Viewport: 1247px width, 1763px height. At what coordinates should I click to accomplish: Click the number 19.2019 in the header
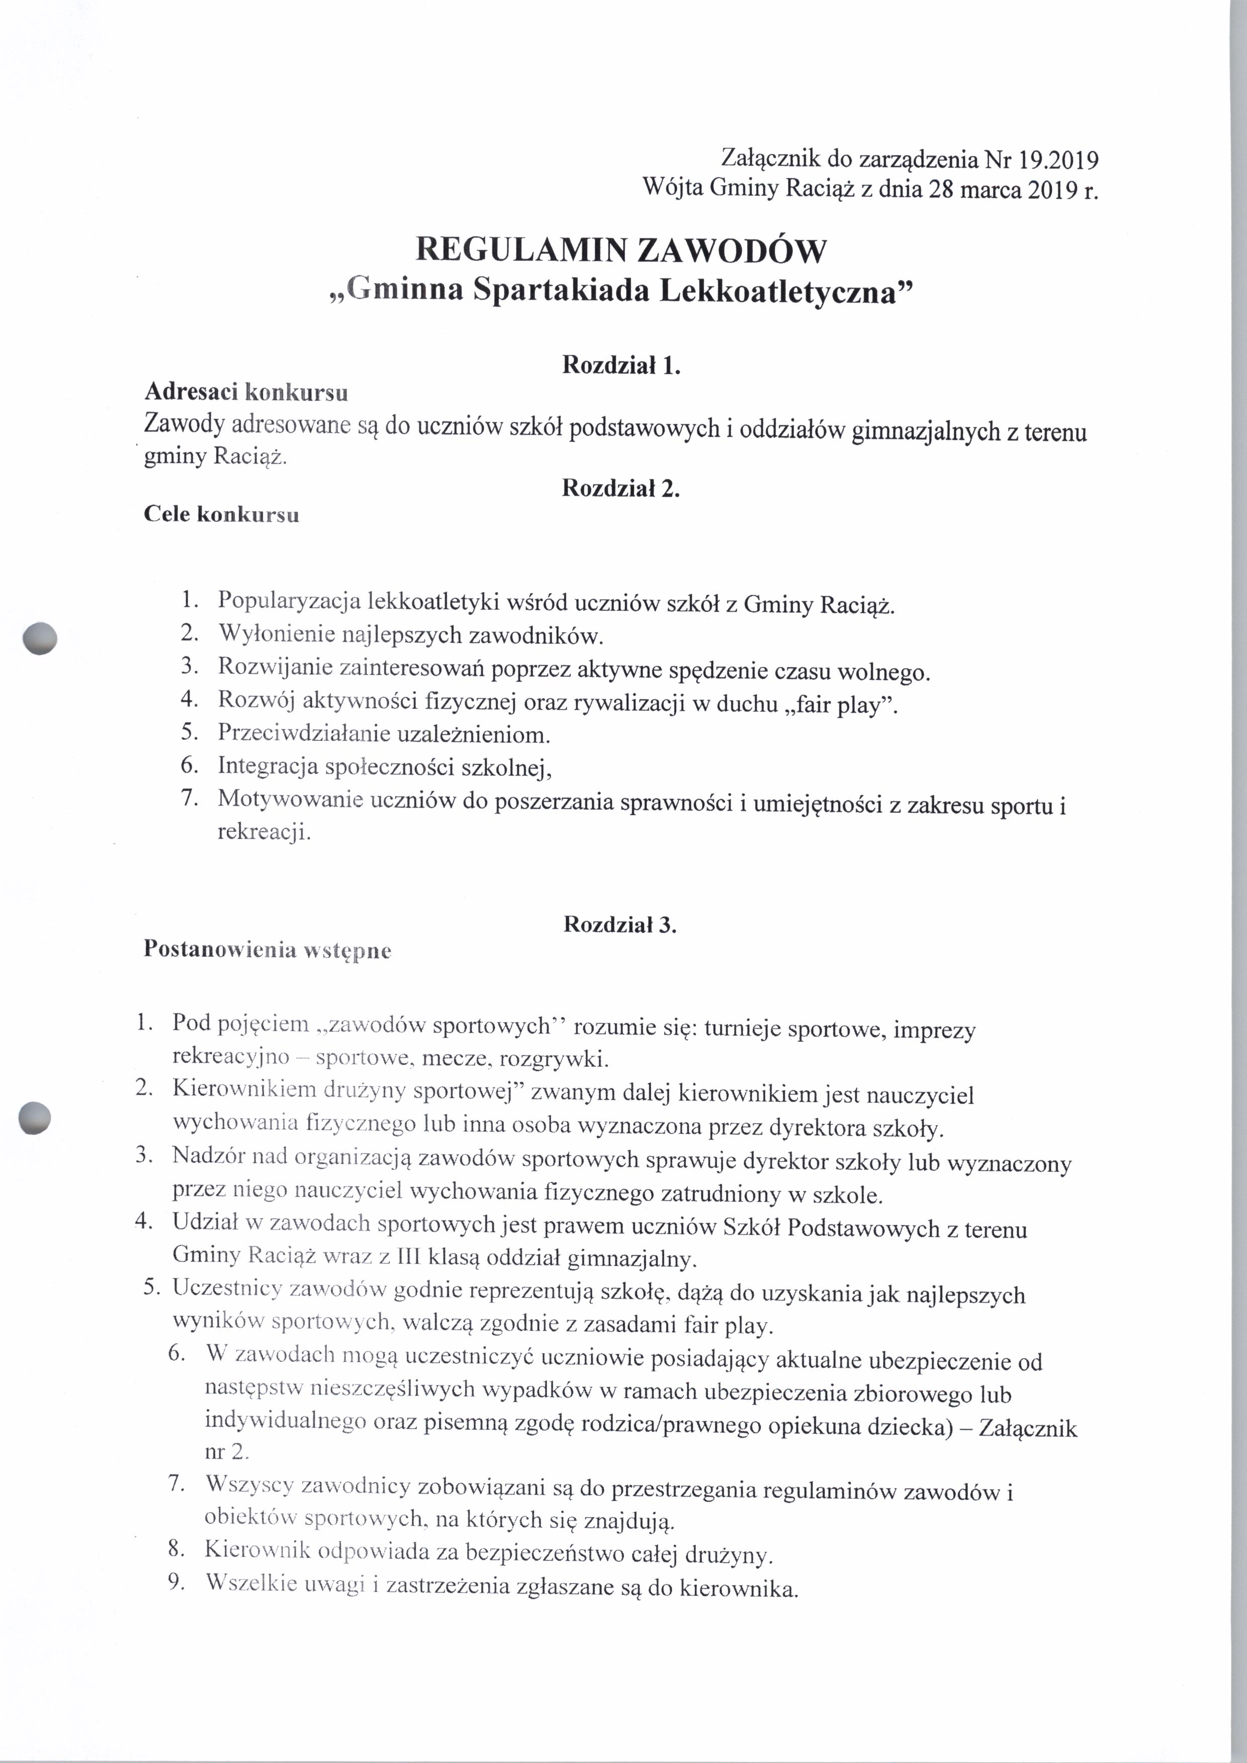tap(1059, 160)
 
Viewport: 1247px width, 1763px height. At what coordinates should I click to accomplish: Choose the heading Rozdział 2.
tap(621, 488)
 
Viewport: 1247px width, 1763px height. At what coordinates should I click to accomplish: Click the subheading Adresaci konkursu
tap(246, 393)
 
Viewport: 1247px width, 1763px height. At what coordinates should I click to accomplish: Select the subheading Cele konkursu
tap(221, 514)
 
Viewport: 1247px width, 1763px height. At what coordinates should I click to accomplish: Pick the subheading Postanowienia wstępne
tap(267, 950)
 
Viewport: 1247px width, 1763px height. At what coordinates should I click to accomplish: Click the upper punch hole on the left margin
tap(40, 638)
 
